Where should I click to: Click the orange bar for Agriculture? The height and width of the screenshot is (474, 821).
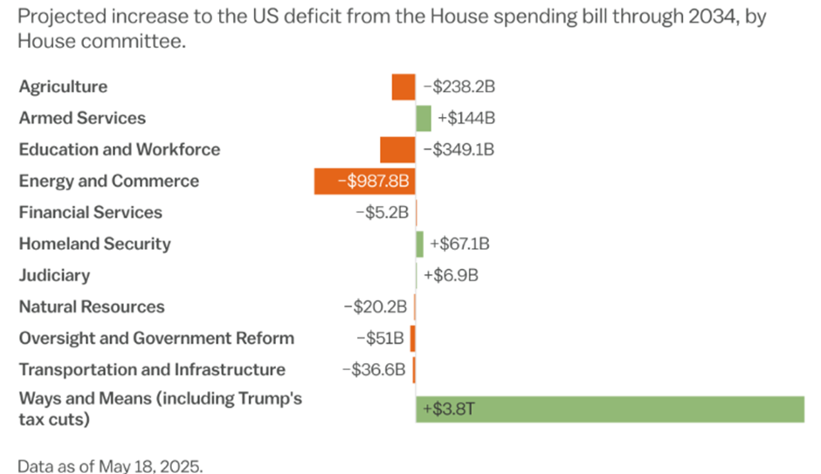(x=404, y=87)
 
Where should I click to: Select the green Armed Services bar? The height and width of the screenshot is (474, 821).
(x=424, y=119)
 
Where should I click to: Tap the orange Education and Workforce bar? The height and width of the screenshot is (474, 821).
(x=397, y=150)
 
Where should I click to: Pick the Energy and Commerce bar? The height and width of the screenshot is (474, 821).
(x=364, y=182)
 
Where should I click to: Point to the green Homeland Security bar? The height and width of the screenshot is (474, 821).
(x=420, y=244)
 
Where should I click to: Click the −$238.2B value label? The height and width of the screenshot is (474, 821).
(x=459, y=87)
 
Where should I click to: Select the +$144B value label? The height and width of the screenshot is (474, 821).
(x=466, y=119)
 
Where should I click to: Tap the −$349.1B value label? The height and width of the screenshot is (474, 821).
(x=459, y=150)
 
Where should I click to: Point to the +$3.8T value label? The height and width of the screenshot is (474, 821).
(x=443, y=409)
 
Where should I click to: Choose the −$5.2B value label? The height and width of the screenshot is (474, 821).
(x=382, y=213)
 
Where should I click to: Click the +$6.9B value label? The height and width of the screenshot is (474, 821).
(x=451, y=276)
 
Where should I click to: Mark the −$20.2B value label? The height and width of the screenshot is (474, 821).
(x=376, y=307)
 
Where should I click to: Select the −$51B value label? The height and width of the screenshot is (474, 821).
(x=380, y=339)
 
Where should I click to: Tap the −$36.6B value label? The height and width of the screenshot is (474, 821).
(x=374, y=370)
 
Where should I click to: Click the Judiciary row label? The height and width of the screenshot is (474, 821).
(x=54, y=276)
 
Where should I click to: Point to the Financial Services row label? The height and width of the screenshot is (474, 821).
(x=91, y=213)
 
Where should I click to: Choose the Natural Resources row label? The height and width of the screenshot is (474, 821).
(x=92, y=307)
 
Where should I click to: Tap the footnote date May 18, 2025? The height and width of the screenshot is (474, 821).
(x=149, y=466)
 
